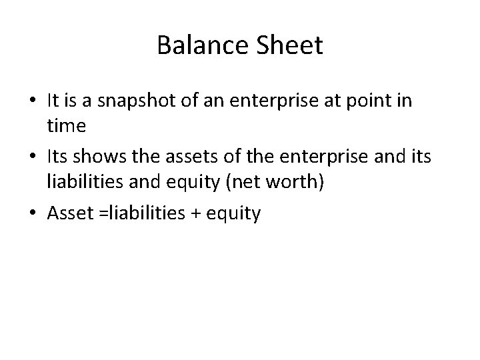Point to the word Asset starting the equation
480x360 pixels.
[69, 214]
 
